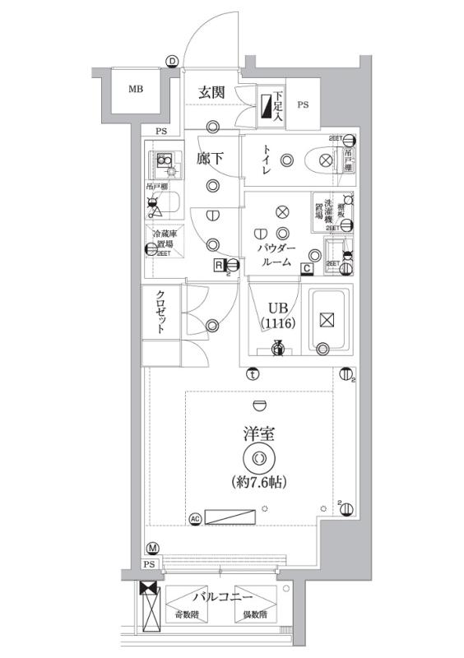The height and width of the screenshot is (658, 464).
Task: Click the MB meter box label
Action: click(x=135, y=90)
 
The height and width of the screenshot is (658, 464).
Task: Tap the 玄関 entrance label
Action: click(x=211, y=92)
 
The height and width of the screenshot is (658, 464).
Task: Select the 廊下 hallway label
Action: click(x=211, y=160)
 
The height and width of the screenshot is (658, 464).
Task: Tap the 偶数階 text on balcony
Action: click(x=253, y=615)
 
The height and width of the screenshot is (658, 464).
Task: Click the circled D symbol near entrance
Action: click(x=172, y=60)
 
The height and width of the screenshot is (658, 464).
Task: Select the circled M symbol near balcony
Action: click(x=153, y=549)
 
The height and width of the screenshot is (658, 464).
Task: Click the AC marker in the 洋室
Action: click(x=195, y=518)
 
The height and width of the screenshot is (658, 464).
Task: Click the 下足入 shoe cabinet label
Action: click(x=280, y=106)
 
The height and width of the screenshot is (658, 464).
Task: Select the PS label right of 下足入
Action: click(x=303, y=105)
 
